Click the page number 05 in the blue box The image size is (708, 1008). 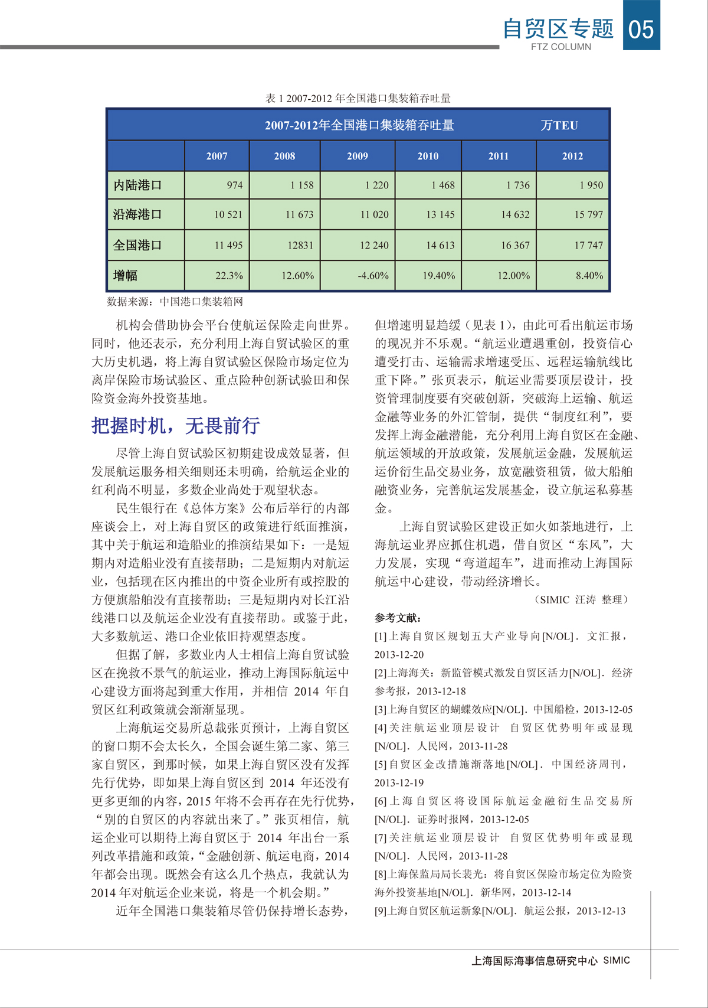tap(641, 28)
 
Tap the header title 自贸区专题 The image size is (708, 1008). tap(558, 28)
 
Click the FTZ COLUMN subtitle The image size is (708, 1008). tap(560, 47)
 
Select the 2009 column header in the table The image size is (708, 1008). tap(357, 156)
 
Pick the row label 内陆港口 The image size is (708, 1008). tap(137, 185)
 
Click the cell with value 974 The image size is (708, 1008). tap(234, 185)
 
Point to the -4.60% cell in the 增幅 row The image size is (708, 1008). tap(373, 275)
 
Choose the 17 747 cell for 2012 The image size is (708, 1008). tap(588, 245)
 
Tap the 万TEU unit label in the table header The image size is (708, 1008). tap(559, 125)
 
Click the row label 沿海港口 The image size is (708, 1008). tap(137, 214)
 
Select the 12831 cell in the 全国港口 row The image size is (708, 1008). tap(300, 245)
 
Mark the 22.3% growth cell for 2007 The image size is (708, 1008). tap(229, 275)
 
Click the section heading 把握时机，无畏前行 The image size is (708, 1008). tap(175, 425)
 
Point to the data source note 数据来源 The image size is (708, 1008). tap(175, 301)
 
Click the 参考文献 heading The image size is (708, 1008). tap(398, 618)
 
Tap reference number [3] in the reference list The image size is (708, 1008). tap(381, 709)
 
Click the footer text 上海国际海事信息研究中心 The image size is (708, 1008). tap(535, 961)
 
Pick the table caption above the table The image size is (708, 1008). tap(358, 98)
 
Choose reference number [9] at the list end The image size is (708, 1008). tap(381, 911)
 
